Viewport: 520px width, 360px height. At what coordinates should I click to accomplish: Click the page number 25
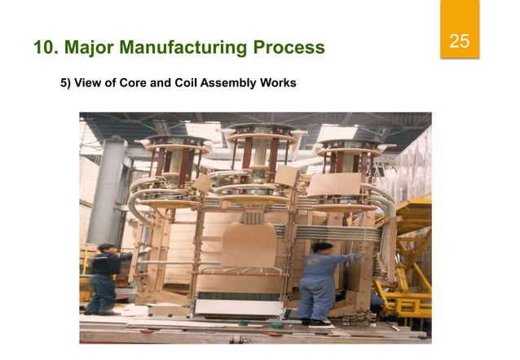pos(459,42)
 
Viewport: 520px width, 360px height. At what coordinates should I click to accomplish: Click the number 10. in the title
pos(47,48)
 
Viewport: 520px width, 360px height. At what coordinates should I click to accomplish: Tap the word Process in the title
pos(288,48)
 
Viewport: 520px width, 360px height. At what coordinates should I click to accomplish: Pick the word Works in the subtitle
pos(279,84)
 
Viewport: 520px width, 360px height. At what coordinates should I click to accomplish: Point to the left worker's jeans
pos(101,293)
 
